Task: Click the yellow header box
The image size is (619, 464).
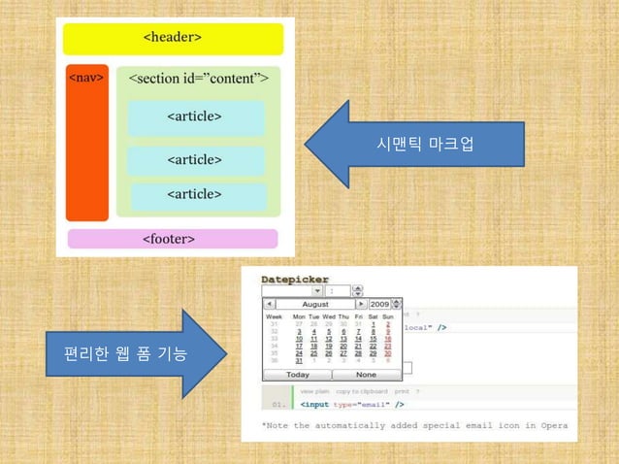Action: click(x=173, y=39)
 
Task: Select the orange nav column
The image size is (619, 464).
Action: click(x=86, y=143)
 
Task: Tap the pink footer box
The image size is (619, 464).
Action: click(x=172, y=239)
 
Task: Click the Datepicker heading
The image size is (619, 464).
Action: click(x=295, y=280)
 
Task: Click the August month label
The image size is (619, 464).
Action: click(x=315, y=304)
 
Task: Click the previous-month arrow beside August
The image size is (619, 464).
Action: click(x=270, y=304)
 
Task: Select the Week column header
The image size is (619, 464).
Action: click(x=274, y=316)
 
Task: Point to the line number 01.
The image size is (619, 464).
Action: click(x=279, y=404)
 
